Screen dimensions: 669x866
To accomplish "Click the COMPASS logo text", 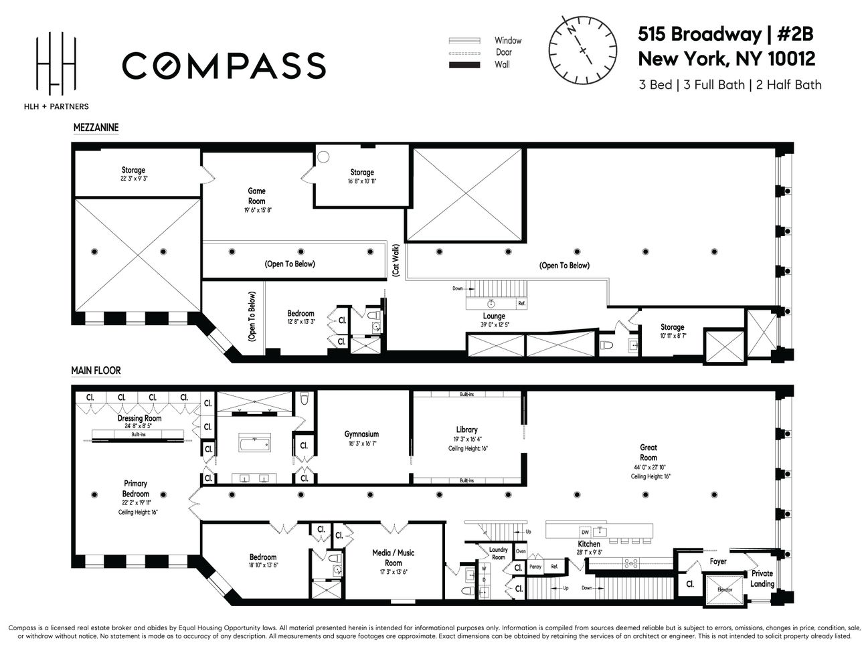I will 224,66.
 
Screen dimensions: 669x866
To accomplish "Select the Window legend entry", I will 485,41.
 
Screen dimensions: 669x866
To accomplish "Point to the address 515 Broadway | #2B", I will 725,35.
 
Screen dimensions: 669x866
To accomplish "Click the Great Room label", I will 648,453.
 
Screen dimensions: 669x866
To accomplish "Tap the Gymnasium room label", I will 362,434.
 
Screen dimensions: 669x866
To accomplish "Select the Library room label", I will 466,430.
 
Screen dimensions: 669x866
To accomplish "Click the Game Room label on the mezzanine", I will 257,196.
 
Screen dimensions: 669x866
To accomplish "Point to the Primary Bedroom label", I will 135,488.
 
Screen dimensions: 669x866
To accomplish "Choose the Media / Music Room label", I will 394,557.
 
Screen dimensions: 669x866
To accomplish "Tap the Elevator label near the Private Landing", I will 725,589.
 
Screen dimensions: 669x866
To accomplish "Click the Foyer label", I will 717,561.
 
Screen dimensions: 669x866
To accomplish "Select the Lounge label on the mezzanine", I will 494,316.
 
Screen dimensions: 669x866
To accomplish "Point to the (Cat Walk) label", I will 396,261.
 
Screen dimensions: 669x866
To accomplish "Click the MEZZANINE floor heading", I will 96,127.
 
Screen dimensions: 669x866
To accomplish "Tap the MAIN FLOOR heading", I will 96,370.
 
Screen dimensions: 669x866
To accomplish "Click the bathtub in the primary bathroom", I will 254,444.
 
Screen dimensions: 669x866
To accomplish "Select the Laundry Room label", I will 499,553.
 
